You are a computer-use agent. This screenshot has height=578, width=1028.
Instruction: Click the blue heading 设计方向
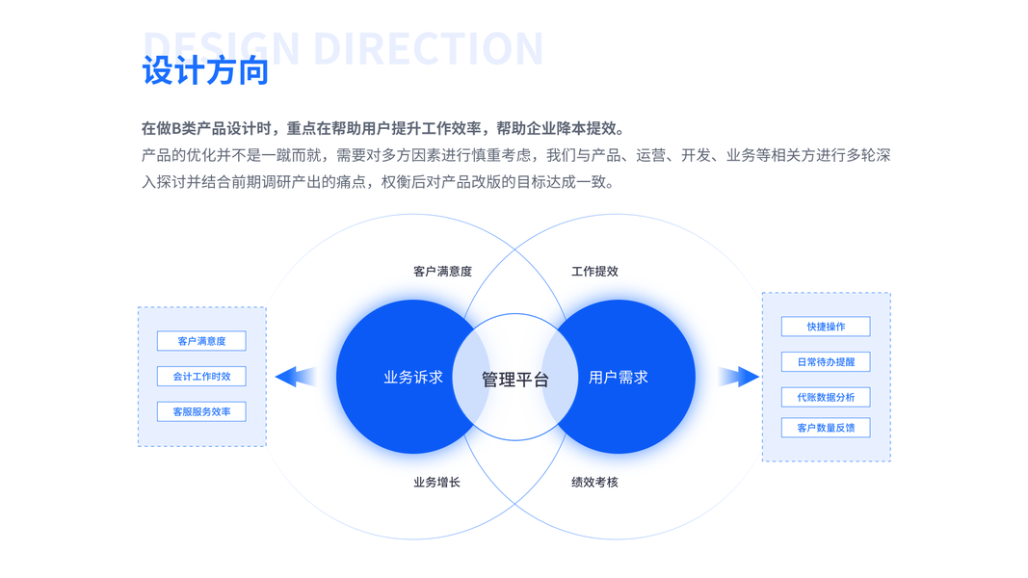[205, 70]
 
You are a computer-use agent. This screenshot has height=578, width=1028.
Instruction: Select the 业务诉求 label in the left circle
[413, 378]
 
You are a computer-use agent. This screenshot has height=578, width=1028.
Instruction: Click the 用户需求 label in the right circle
[618, 378]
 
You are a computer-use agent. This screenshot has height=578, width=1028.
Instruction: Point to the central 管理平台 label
[514, 380]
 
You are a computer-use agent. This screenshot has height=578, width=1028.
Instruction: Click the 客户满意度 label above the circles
[442, 272]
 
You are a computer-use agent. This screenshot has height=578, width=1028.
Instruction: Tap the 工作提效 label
[594, 272]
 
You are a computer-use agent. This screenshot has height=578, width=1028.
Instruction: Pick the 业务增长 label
[436, 482]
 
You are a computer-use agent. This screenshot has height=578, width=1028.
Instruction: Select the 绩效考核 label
[594, 482]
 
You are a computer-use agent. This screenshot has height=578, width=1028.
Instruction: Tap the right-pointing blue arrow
[738, 377]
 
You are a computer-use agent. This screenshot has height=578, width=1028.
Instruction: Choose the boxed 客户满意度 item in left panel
[201, 341]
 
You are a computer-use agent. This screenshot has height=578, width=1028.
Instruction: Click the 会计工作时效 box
[201, 377]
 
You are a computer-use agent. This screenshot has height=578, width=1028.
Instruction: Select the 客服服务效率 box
[201, 412]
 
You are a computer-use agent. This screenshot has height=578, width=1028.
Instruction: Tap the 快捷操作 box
[826, 327]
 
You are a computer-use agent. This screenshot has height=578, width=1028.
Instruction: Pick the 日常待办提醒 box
[826, 362]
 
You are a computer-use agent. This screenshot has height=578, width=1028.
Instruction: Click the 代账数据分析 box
[826, 397]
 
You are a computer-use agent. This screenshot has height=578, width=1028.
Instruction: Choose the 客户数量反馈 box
[826, 428]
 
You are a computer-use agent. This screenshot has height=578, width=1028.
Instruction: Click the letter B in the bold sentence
[177, 129]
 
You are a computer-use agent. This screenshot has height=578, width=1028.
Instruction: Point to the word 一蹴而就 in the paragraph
[293, 155]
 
